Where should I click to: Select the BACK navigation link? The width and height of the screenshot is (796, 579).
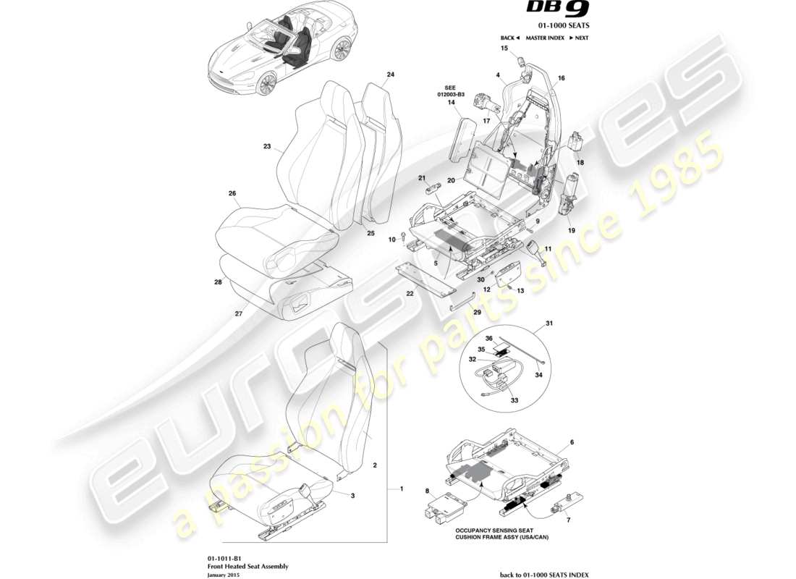coord(509,38)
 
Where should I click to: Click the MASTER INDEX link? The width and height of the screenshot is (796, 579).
coord(544,38)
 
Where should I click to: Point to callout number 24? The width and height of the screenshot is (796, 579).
coord(390,75)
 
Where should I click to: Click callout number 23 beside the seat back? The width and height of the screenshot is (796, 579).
coord(266,146)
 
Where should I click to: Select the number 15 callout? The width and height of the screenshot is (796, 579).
coord(504,48)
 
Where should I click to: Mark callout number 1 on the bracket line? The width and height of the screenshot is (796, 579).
coord(401,489)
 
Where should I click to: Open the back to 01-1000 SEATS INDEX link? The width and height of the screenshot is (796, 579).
coord(544,574)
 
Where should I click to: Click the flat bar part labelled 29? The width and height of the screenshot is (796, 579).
coord(462,303)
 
